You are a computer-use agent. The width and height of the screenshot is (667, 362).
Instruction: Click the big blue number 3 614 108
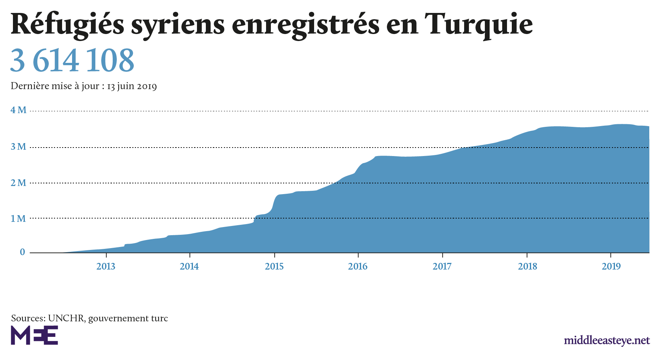[72, 61]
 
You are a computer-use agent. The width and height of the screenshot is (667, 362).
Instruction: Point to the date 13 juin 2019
[132, 87]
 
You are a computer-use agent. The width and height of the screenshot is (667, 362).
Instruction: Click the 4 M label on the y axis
[18, 110]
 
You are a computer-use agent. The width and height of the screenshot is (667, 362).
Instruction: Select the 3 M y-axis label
[18, 147]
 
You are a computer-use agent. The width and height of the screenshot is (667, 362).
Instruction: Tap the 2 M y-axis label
[18, 183]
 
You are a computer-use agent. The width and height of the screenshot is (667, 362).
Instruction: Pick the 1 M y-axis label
[18, 219]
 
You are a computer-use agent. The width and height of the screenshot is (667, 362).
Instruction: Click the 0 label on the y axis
[23, 252]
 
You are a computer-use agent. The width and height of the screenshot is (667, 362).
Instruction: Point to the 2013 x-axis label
[106, 266]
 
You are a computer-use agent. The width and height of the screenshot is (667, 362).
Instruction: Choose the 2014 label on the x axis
[189, 266]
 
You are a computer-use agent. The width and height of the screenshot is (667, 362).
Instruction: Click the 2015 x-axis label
[274, 266]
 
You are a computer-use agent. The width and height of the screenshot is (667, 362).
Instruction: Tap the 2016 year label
[358, 266]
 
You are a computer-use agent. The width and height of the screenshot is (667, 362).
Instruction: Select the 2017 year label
[442, 266]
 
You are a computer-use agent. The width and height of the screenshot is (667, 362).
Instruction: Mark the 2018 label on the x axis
[527, 266]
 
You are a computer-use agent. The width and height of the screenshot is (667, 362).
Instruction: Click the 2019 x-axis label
[611, 266]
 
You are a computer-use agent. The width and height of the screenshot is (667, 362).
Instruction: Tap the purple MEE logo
[34, 335]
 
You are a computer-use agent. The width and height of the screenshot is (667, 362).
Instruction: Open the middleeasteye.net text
[607, 340]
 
